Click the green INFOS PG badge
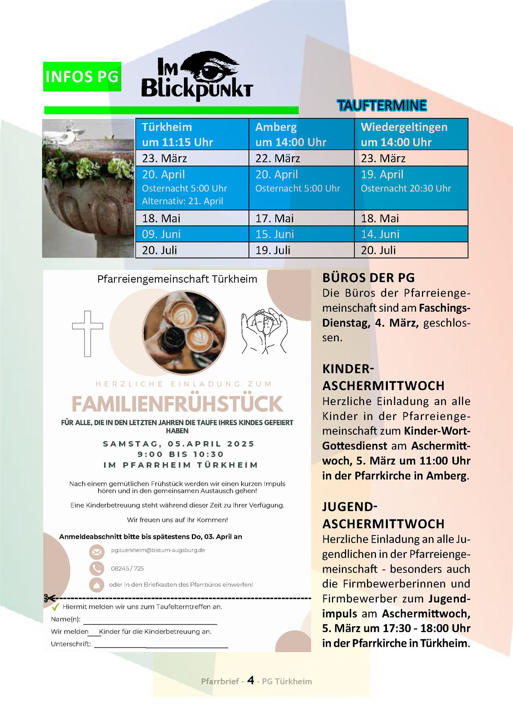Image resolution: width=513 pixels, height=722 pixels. tap(82, 77)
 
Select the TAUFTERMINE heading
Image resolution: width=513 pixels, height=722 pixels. tap(382, 106)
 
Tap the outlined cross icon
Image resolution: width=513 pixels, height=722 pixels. tap(88, 334)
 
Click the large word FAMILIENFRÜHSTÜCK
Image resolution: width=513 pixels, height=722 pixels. tap(177, 404)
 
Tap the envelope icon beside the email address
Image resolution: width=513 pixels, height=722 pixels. tap(97, 552)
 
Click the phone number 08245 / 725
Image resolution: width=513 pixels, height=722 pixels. tap(127, 568)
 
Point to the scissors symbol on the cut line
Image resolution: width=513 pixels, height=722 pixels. tap(49, 598)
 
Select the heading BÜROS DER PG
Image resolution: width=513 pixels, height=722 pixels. tap(368, 278)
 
